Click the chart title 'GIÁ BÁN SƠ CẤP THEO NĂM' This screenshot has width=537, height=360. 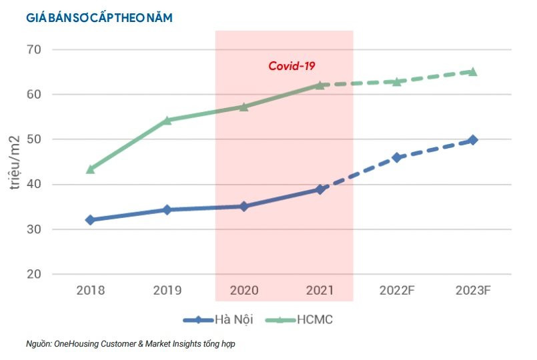(99, 19)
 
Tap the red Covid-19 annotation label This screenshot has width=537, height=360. (292, 66)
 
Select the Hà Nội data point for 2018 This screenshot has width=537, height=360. (90, 219)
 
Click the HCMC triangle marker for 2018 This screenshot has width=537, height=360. (90, 169)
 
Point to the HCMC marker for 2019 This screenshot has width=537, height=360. (167, 121)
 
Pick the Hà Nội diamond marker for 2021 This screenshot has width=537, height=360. (320, 189)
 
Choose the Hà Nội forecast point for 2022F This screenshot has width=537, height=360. (397, 157)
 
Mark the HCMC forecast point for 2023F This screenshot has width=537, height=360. (473, 71)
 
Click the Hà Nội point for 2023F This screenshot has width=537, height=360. (473, 140)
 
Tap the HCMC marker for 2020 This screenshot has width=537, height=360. (243, 107)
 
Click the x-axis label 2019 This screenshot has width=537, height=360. (167, 291)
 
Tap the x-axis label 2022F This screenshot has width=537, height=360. (397, 291)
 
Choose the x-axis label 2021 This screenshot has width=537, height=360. (320, 291)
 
